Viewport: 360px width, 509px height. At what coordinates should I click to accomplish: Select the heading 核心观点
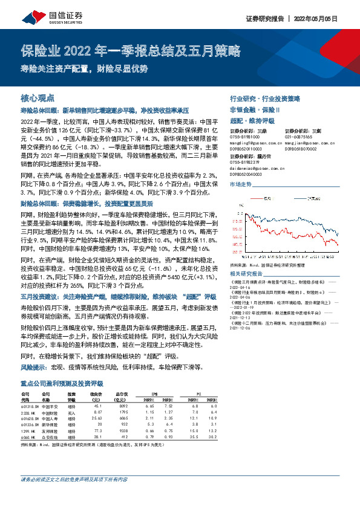[x=38, y=97]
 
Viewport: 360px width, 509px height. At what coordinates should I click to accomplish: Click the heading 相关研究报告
[x=246, y=256]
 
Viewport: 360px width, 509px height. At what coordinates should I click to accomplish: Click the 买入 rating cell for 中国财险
[x=71, y=412]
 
